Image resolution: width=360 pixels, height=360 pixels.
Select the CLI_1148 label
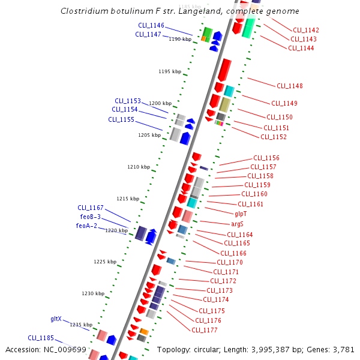290,86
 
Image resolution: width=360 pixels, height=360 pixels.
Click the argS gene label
237,224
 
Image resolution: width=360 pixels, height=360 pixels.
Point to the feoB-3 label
90,217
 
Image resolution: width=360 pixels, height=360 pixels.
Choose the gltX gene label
56,319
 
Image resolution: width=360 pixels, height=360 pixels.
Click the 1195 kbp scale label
170,71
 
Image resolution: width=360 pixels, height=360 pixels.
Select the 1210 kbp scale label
139,167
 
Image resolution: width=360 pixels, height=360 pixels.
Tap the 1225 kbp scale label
105,262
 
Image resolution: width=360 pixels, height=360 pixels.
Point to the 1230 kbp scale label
93,293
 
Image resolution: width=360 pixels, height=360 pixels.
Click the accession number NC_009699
66,350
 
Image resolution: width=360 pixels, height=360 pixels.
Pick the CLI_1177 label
205,330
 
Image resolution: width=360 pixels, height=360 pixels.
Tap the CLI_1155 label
121,119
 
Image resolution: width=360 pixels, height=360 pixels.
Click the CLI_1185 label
41,338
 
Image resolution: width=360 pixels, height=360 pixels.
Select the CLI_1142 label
306,30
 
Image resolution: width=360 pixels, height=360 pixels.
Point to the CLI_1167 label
91,208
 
